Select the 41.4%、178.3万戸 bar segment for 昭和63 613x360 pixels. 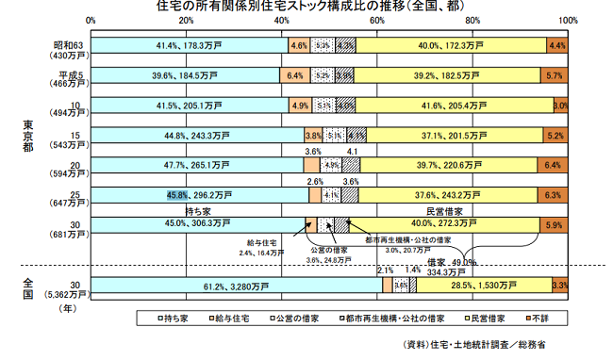coord(189,45)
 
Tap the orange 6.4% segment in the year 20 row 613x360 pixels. coord(553,165)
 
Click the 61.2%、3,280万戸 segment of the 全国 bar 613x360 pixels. coord(236,285)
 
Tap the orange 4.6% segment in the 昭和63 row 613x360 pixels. coord(299,45)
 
